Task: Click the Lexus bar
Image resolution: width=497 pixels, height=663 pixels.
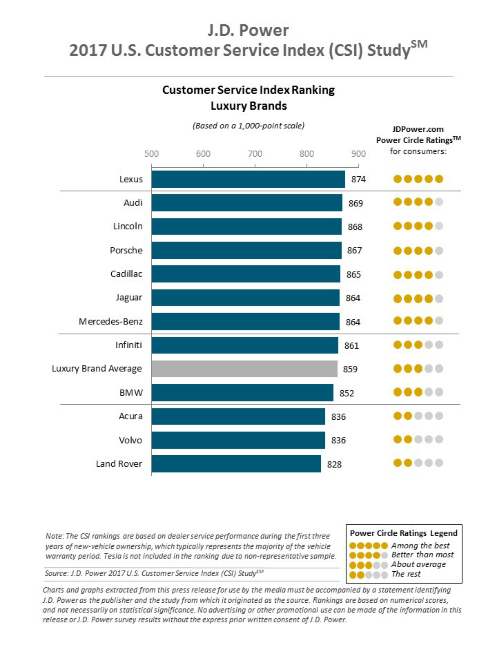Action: (248, 179)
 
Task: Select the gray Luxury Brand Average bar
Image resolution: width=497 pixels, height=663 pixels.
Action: (244, 369)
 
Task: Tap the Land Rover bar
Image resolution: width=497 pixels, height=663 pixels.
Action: (236, 464)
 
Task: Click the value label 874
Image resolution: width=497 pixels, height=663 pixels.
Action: (358, 179)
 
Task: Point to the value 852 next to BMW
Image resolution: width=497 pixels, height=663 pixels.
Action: (347, 393)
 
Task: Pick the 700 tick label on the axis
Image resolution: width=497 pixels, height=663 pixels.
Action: (255, 154)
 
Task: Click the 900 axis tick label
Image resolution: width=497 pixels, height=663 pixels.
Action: (358, 154)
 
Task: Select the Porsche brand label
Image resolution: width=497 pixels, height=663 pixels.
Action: (126, 250)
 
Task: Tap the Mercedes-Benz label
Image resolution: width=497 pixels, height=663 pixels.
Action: (111, 322)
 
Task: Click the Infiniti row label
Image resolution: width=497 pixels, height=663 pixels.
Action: (129, 345)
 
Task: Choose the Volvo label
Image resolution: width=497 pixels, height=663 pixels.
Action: (130, 440)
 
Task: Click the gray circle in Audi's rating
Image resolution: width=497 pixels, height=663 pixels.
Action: (439, 202)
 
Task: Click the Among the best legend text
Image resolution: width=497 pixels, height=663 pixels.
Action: (420, 545)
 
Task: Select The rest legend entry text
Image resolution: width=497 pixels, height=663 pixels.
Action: (406, 574)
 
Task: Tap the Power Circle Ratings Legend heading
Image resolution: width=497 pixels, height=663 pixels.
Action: (404, 533)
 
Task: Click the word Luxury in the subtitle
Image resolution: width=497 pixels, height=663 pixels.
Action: (225, 106)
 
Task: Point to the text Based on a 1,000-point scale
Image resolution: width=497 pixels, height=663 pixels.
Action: (248, 126)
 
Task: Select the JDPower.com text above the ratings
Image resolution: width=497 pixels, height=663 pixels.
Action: (418, 129)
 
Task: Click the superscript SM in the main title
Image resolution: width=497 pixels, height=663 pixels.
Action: (419, 44)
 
